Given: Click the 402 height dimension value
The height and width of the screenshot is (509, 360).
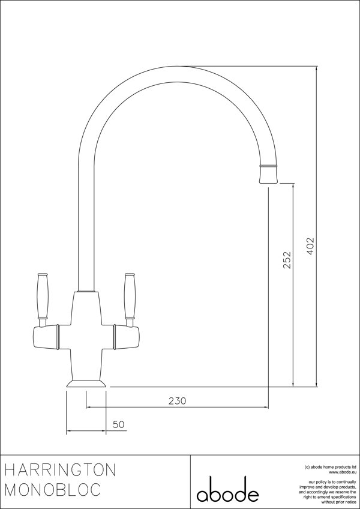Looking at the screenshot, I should (310, 245).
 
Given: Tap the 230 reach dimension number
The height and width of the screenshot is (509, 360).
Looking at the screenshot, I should (178, 400).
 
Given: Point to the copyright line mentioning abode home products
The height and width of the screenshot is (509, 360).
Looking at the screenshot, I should (331, 466).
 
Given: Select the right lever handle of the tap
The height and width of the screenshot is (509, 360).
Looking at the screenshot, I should (128, 295).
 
